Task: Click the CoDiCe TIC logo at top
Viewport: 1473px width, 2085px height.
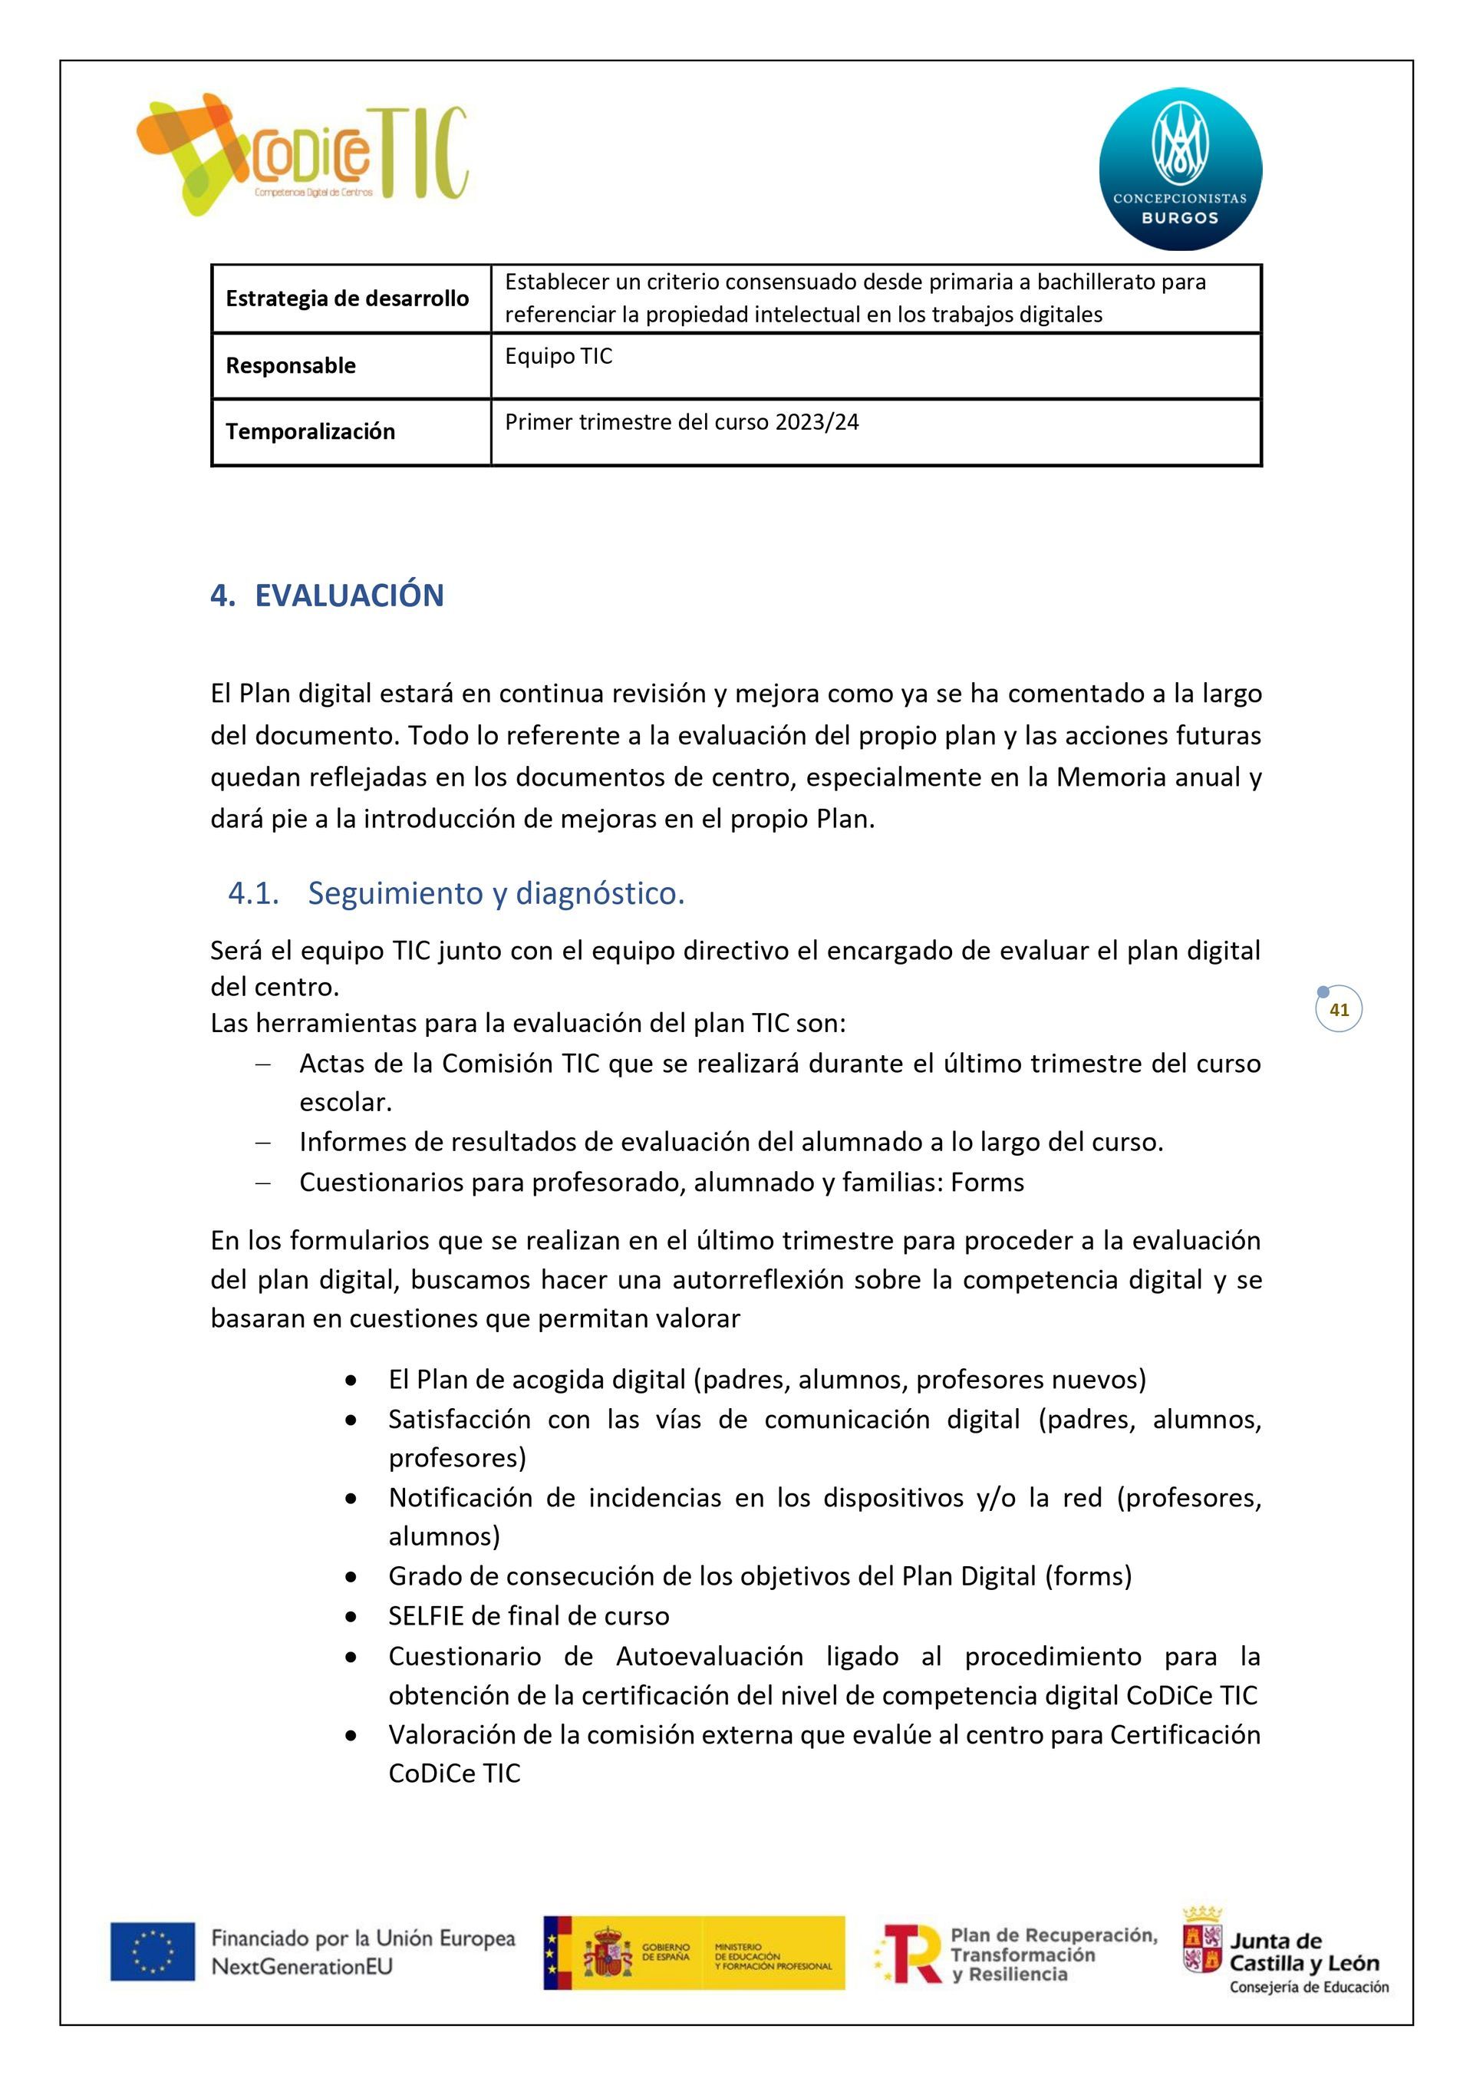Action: tap(302, 154)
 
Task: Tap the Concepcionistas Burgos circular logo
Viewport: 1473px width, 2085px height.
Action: tap(1180, 169)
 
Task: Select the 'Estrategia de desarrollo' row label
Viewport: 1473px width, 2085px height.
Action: tap(347, 299)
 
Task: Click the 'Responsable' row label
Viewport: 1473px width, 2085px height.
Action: tap(291, 366)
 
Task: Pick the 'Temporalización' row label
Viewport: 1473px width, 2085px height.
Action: tap(310, 431)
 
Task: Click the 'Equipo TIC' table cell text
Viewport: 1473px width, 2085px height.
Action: tap(559, 356)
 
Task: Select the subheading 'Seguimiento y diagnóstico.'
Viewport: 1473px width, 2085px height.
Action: tap(496, 893)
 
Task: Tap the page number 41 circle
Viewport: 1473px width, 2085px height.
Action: tap(1339, 1009)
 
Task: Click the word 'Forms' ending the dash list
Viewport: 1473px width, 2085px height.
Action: tap(987, 1183)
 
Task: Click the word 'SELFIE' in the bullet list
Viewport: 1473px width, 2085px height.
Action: tap(426, 1615)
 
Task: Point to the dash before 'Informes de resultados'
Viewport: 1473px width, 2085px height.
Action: tap(263, 1143)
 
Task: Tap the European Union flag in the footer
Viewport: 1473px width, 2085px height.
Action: tap(153, 1951)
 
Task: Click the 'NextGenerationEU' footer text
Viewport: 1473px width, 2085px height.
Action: tap(302, 1967)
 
